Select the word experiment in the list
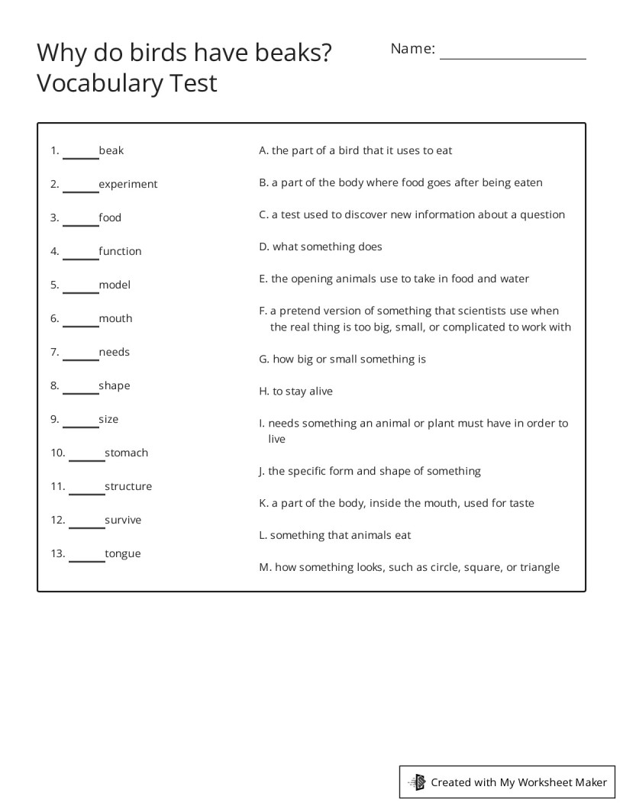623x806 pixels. tap(128, 184)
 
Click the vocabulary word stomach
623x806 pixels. tap(126, 453)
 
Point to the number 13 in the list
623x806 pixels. tap(58, 553)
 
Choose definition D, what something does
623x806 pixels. tap(321, 247)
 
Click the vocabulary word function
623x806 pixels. tap(120, 251)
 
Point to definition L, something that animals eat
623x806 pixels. tap(335, 535)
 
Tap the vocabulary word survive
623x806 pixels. tap(123, 520)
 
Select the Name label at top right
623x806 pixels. tap(412, 49)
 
